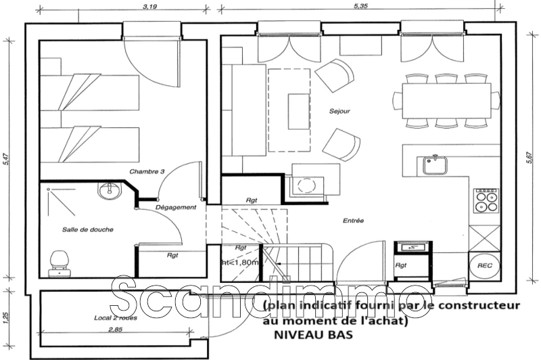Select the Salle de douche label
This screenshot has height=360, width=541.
[x=87, y=229]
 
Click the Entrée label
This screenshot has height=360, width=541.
[x=353, y=221]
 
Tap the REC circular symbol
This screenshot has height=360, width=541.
[x=484, y=267]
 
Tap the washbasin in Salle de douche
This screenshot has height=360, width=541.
[x=108, y=191]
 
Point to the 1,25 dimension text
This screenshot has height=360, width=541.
[x=5, y=315]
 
